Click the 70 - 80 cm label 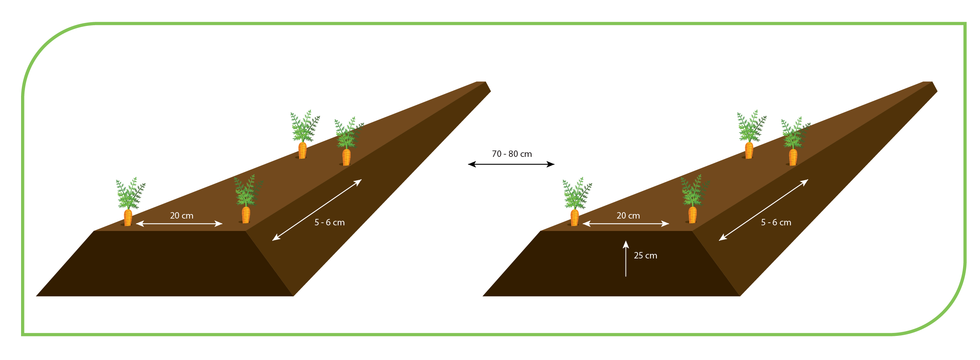coord(512,154)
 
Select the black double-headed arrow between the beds coord(511,164)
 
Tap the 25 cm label coord(645,255)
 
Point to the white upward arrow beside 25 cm coord(626,258)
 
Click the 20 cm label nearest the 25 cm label coord(628,216)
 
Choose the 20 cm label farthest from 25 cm coord(181,216)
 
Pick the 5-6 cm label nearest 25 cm coord(776,222)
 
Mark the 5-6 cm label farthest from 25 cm coord(329,222)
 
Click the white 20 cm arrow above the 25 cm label coord(626,223)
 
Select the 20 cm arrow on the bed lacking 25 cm coord(179,223)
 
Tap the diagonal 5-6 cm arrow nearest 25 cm coord(763,210)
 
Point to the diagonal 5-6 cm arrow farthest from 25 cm coord(316,210)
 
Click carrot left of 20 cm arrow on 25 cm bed coord(576,202)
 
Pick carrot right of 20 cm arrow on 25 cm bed coord(694,199)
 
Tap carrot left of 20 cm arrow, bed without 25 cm coord(130,202)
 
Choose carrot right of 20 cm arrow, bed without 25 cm coord(247,199)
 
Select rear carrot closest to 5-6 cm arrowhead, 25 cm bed coord(795,141)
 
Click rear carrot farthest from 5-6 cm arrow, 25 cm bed coord(751,134)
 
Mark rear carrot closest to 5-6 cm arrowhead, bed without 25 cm coord(348,141)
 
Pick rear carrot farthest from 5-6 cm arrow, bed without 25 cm coord(304,134)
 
